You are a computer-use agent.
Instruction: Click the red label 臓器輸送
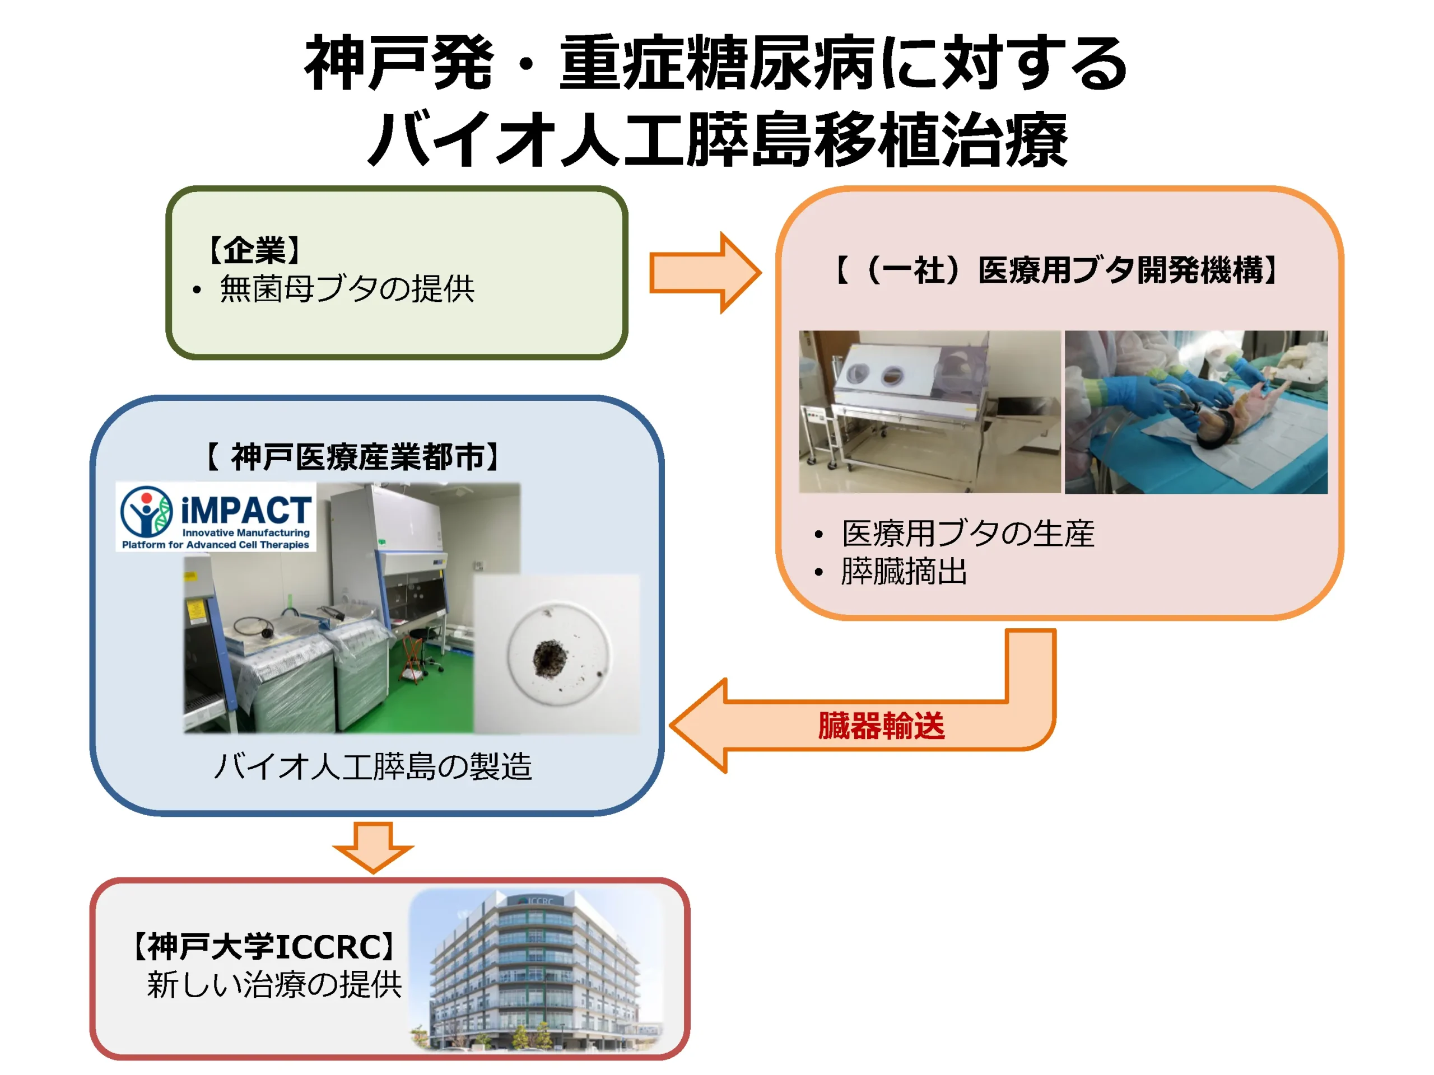point(881,726)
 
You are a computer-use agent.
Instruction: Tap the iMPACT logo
point(216,516)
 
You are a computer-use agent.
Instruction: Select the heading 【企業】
point(254,250)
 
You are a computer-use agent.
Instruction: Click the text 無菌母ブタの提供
point(347,288)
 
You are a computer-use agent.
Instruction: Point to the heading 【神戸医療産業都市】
point(353,457)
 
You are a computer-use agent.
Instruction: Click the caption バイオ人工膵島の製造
point(373,766)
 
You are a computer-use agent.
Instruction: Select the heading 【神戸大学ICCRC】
point(264,947)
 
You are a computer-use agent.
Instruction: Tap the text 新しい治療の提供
point(274,985)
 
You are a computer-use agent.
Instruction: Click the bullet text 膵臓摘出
point(904,572)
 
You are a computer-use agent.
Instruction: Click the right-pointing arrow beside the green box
point(705,273)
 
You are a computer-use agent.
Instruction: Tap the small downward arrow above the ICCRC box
point(373,848)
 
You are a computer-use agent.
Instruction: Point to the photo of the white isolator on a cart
point(930,412)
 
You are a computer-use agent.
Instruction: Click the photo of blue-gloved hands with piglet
point(1196,412)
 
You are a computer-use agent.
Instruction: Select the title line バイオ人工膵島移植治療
point(717,139)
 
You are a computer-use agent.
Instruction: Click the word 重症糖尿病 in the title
point(718,63)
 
